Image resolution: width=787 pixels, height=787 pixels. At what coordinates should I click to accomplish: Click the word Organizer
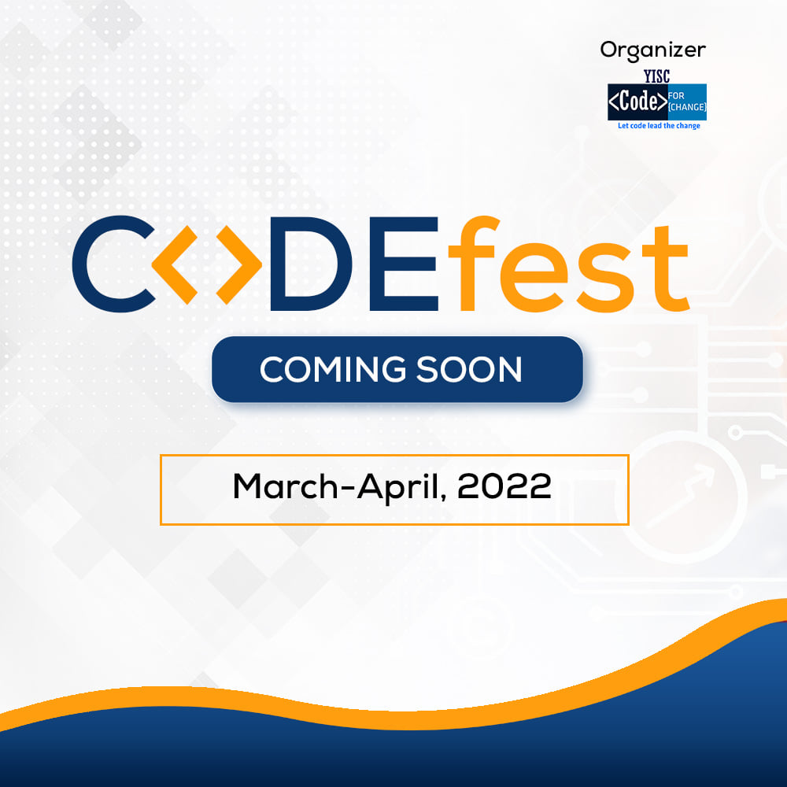653,51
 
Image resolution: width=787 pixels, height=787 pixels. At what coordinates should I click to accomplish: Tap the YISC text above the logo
657,76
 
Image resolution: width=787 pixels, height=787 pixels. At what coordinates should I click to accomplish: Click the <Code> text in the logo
637,102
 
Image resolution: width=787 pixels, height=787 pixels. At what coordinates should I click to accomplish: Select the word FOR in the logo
676,95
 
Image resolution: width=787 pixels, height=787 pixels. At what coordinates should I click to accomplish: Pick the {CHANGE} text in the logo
687,107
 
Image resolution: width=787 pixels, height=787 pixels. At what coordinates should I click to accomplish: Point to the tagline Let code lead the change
659,125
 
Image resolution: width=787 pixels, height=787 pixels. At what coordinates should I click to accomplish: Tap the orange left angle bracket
175,265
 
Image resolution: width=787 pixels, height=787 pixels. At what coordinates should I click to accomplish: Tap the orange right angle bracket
239,265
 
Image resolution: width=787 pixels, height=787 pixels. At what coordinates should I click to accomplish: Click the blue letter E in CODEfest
404,264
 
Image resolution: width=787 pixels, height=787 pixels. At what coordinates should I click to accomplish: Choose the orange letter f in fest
473,264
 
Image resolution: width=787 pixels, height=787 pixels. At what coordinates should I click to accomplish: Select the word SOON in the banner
469,369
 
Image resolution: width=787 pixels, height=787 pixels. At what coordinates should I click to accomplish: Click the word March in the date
286,486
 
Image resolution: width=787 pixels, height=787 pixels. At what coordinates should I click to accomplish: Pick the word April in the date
398,487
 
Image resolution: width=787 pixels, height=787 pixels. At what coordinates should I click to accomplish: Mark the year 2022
504,486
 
